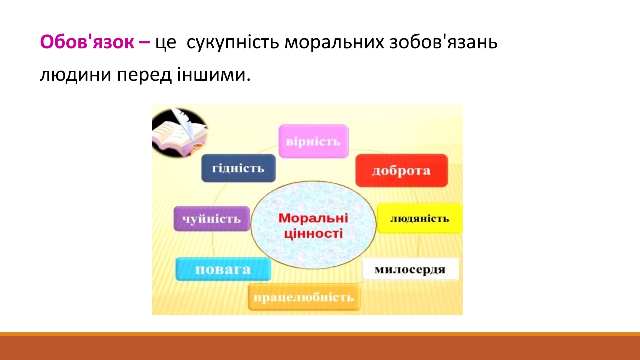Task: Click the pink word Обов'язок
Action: [x=87, y=42]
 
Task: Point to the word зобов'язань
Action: [x=443, y=42]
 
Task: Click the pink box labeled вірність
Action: [x=313, y=141]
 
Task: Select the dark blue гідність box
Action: [x=238, y=168]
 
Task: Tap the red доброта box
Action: [x=401, y=170]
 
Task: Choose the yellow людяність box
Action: [x=419, y=218]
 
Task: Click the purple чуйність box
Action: [x=211, y=219]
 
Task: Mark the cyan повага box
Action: [x=223, y=269]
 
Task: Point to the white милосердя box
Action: [x=410, y=269]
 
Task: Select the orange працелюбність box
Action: [x=304, y=297]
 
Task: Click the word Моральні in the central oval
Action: [x=313, y=218]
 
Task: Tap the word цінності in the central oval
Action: [x=313, y=234]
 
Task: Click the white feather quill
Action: [x=185, y=125]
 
